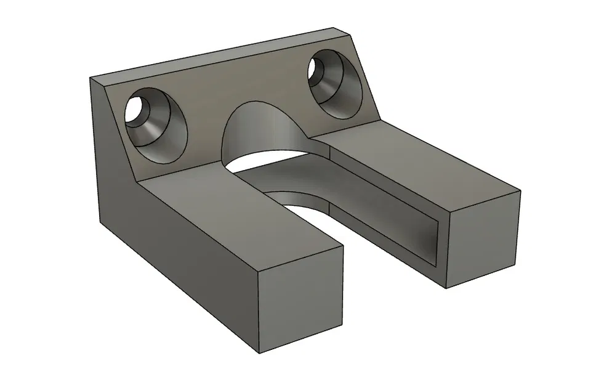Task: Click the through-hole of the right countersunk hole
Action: (320, 68)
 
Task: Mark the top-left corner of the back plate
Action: (91, 78)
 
